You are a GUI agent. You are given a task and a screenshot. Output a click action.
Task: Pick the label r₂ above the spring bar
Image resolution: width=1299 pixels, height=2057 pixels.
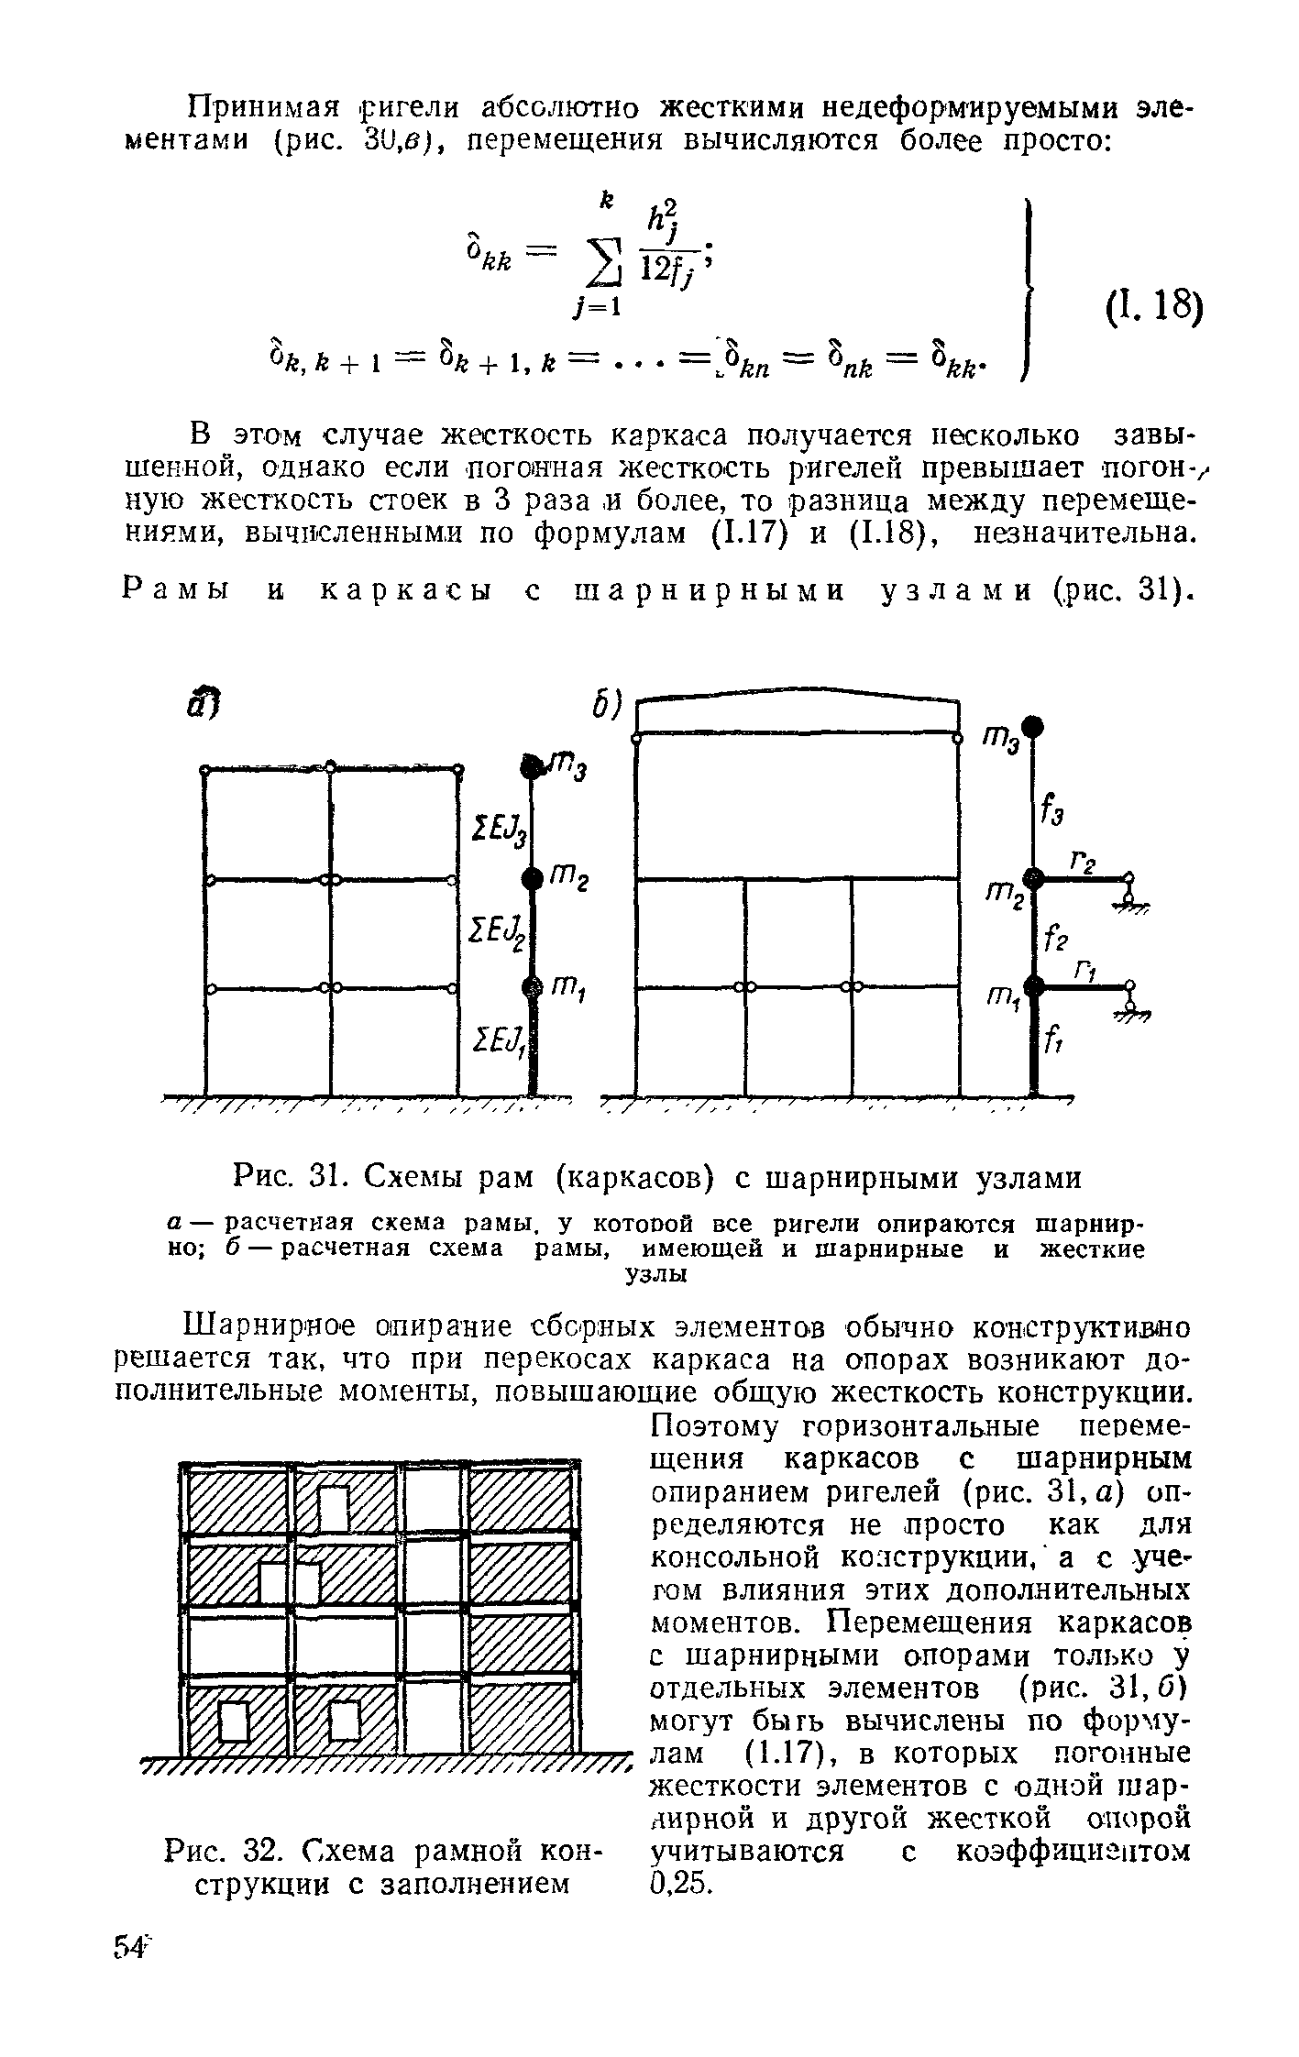1082,862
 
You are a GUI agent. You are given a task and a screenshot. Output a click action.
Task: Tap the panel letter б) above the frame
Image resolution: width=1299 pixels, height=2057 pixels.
606,707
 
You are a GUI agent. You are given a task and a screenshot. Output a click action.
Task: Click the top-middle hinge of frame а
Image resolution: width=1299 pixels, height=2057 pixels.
331,764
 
